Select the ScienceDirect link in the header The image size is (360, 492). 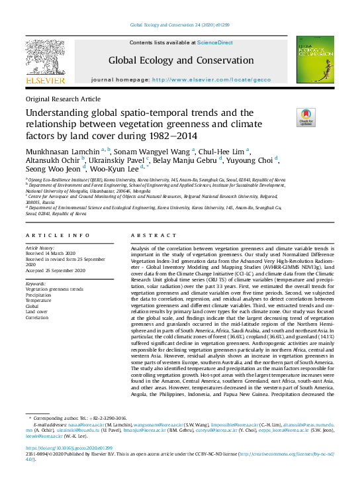(x=215, y=42)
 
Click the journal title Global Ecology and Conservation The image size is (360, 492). (x=181, y=60)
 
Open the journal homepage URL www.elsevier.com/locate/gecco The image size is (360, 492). (x=212, y=79)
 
